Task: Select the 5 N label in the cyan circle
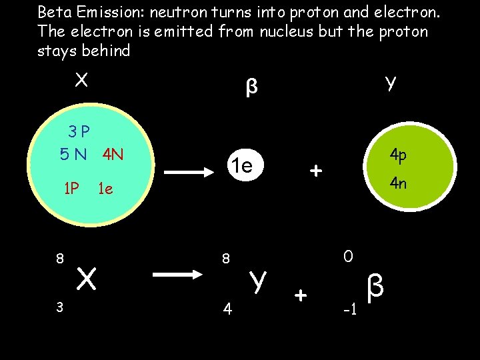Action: click(x=73, y=155)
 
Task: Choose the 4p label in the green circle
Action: click(x=398, y=155)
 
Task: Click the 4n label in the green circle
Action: click(x=398, y=183)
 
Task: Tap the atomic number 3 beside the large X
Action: click(x=59, y=306)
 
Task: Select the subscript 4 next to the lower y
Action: click(x=227, y=309)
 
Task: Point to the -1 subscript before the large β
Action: click(x=349, y=310)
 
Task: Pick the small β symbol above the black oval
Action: click(x=251, y=87)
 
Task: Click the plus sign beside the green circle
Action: click(x=316, y=171)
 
